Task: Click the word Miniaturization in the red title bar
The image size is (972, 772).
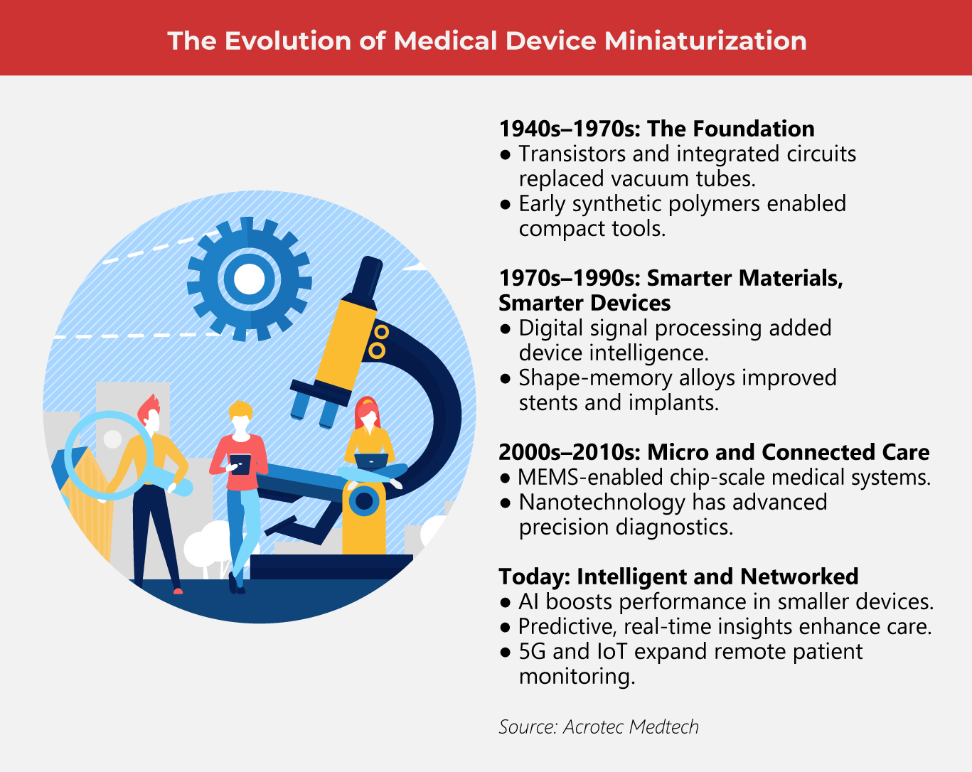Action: click(705, 41)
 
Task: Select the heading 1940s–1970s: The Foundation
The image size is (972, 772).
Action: click(656, 129)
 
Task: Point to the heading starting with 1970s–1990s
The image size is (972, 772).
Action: click(671, 278)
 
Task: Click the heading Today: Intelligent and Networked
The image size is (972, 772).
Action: click(678, 577)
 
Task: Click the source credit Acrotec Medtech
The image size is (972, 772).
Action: click(631, 727)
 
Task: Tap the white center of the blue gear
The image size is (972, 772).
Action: click(249, 279)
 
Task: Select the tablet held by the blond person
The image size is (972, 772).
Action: click(240, 463)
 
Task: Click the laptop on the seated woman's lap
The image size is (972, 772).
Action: click(371, 461)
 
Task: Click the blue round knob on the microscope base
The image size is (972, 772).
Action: click(364, 501)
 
